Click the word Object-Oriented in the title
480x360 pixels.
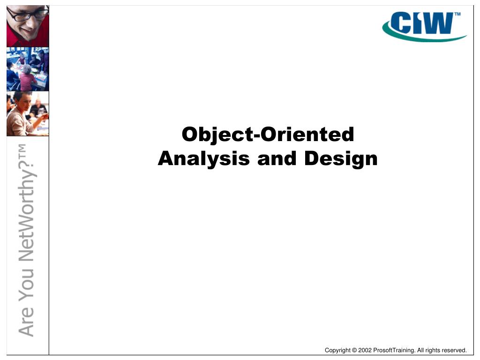click(x=268, y=135)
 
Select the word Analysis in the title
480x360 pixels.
click(x=204, y=158)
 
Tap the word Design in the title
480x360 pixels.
click(x=341, y=159)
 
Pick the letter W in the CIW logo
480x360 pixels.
click(x=439, y=23)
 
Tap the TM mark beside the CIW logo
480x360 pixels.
click(x=457, y=15)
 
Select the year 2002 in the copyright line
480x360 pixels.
click(x=365, y=350)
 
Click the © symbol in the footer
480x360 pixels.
click(x=354, y=350)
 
